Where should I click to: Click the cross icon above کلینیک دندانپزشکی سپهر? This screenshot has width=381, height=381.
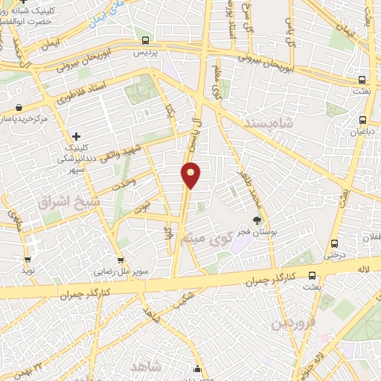pyautogui.click(x=76, y=136)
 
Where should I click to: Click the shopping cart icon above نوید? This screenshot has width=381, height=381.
pyautogui.click(x=28, y=260)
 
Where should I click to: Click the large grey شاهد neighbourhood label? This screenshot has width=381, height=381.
pyautogui.click(x=145, y=366)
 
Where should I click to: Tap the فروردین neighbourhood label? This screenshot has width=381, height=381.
pyautogui.click(x=293, y=323)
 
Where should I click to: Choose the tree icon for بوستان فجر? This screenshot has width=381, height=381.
pyautogui.click(x=257, y=220)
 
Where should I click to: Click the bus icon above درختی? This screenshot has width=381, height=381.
pyautogui.click(x=333, y=243)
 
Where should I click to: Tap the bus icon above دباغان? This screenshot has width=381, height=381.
pyautogui.click(x=363, y=119)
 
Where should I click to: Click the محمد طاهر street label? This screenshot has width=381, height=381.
pyautogui.click(x=246, y=187)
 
